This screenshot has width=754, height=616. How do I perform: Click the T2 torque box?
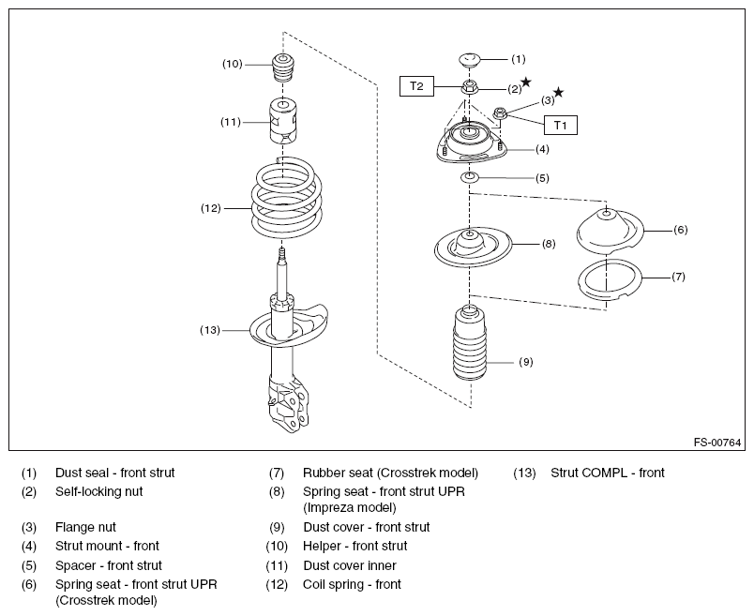click(x=416, y=86)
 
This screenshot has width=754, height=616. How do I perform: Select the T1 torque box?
click(x=560, y=125)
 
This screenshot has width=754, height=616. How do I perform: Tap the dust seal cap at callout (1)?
click(x=469, y=60)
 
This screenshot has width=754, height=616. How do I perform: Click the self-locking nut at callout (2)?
click(x=469, y=88)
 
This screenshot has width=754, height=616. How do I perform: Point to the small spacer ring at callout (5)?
click(x=470, y=178)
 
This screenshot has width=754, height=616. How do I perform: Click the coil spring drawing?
click(x=287, y=197)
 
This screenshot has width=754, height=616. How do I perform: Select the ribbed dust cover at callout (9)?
click(x=470, y=343)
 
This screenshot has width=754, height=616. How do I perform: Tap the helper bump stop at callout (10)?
click(x=283, y=69)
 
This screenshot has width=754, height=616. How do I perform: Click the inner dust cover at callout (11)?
click(x=283, y=121)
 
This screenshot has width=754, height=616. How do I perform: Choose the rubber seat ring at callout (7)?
click(x=609, y=281)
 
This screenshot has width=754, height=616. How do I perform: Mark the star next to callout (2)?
click(x=526, y=82)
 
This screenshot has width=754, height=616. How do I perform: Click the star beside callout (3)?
click(x=558, y=92)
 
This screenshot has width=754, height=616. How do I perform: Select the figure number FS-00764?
click(x=717, y=443)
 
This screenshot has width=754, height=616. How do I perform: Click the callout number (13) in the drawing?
click(x=210, y=330)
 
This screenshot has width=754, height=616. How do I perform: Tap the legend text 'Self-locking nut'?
click(x=99, y=491)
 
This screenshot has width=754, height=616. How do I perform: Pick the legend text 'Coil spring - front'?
click(x=352, y=584)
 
